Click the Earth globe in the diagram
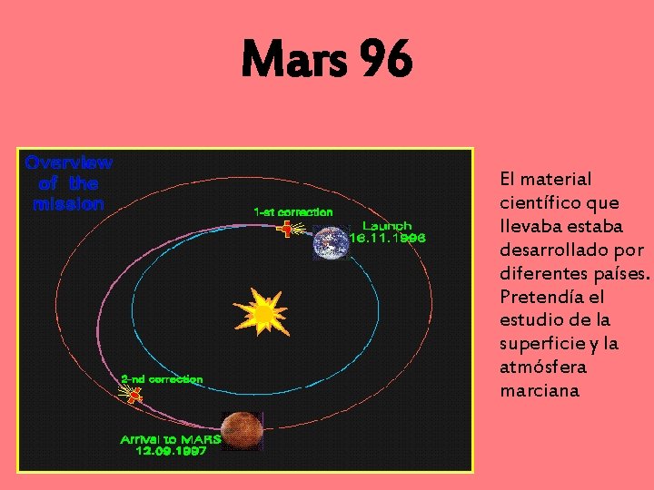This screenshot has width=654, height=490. [x=331, y=241]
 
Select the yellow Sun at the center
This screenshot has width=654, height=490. [x=263, y=314]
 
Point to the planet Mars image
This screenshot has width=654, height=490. [x=243, y=430]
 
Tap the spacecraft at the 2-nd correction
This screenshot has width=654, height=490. [x=134, y=395]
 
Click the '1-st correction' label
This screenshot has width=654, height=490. [x=292, y=211]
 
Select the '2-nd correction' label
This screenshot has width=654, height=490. [x=162, y=378]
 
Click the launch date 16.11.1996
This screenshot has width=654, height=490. [x=388, y=239]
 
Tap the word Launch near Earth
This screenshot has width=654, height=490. [x=387, y=225]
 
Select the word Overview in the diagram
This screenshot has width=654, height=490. [x=69, y=163]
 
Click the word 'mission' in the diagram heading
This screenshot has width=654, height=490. [x=69, y=204]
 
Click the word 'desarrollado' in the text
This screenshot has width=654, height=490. [x=552, y=250]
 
